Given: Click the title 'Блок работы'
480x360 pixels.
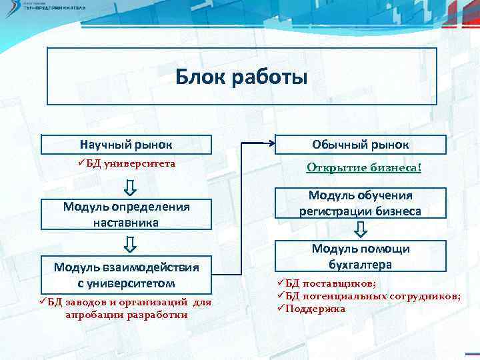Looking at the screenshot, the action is pos(241,78).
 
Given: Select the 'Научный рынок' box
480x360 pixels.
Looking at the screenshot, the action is pos(126,144).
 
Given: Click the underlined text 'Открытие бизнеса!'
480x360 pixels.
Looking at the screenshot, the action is pos(363,167).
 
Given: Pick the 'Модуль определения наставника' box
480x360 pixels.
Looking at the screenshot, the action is pos(126,214).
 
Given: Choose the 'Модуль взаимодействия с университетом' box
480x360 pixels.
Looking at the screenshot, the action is pos(126,275).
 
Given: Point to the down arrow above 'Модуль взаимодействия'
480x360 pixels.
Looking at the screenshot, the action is pos(131,244).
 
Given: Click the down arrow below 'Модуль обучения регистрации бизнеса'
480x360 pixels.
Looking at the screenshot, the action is pos(361,230).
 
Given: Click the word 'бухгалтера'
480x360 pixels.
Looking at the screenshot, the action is pos(361,264).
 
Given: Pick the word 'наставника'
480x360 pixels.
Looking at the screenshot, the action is pos(126,222).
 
